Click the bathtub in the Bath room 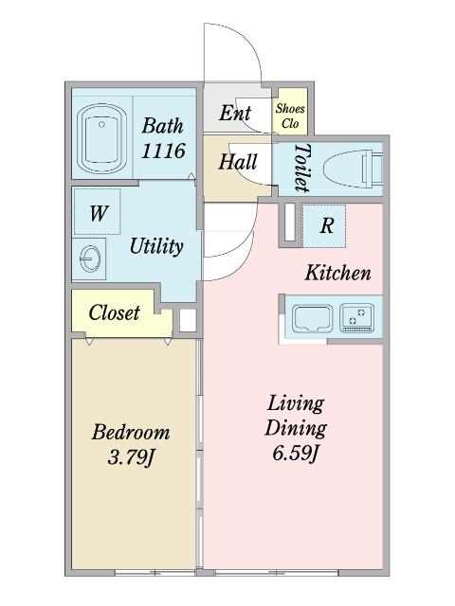[101, 139]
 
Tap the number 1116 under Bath [163, 151]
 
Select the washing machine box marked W [97, 211]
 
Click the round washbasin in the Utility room [89, 258]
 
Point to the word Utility [156, 246]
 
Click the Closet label [114, 312]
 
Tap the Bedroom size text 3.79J [131, 457]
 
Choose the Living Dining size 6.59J [296, 453]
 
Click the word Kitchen [337, 273]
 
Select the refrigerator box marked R [324, 226]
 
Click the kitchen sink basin [313, 318]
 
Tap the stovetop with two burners [357, 318]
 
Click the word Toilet [302, 168]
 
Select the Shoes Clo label [290, 116]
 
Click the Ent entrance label [235, 114]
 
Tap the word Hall [238, 162]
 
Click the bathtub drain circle [101, 124]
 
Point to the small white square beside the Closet [188, 320]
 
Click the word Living [296, 404]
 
